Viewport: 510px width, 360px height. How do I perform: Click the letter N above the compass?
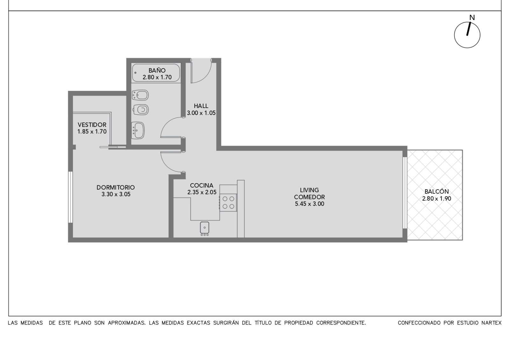[x=472, y=18]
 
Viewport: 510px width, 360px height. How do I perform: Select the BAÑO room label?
[x=157, y=70]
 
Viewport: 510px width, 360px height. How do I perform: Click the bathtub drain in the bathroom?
[x=135, y=73]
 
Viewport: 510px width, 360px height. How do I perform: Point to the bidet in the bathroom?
[x=140, y=95]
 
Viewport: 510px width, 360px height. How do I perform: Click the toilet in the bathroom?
[x=141, y=110]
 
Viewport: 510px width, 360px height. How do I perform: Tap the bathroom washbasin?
[x=138, y=130]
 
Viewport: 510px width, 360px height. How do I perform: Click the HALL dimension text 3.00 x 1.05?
[x=201, y=113]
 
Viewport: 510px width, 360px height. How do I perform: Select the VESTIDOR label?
[x=92, y=125]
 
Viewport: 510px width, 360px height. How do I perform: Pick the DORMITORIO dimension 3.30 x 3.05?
[x=116, y=194]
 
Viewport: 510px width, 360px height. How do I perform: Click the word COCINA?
[x=201, y=185]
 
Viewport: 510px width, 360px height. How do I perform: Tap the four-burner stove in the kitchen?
[x=228, y=203]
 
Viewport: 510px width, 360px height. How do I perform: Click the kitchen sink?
[x=204, y=228]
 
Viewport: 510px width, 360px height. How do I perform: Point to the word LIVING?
[x=309, y=190]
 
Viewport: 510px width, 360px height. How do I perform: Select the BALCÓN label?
[x=436, y=191]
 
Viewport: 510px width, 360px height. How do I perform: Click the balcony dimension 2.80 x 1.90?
[x=436, y=199]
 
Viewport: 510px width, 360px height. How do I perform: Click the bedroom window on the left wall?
[x=70, y=197]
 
